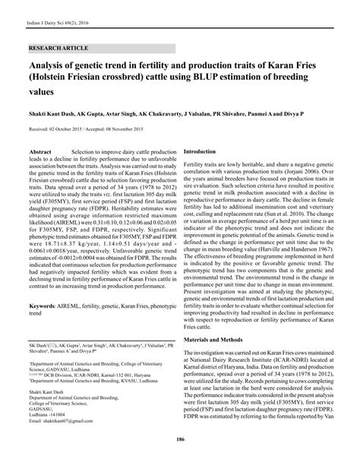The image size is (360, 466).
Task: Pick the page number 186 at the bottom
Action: [180, 440]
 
